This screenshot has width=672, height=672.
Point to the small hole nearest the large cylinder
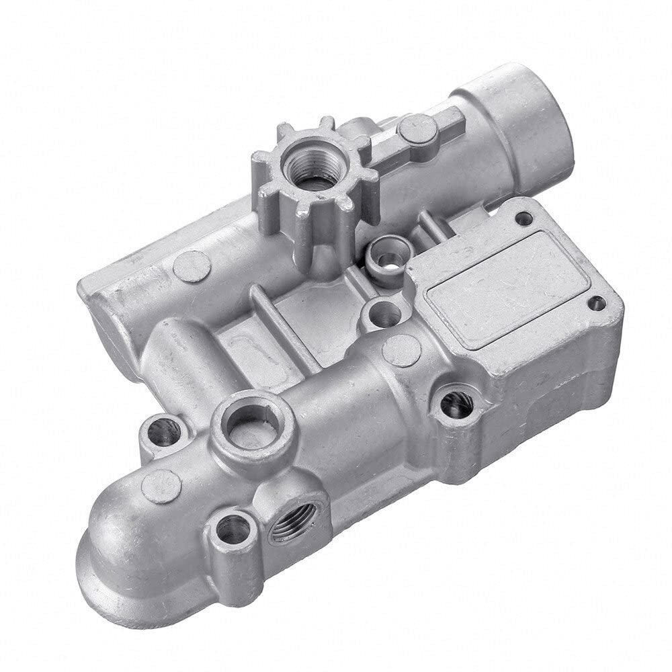[523, 218]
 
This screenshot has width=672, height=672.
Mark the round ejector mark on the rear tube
[192, 265]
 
